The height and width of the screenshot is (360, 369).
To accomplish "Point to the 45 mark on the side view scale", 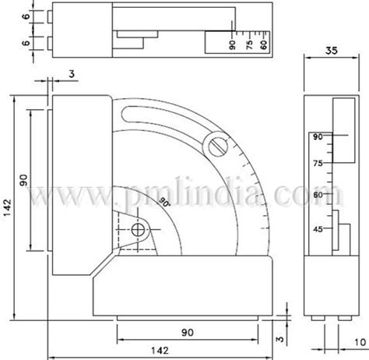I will (317, 230).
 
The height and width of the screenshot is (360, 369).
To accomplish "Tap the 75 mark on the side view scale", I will (317, 164).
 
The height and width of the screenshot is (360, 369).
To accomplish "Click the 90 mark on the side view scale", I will (317, 137).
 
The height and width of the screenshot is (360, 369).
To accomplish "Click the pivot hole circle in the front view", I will (139, 230).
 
